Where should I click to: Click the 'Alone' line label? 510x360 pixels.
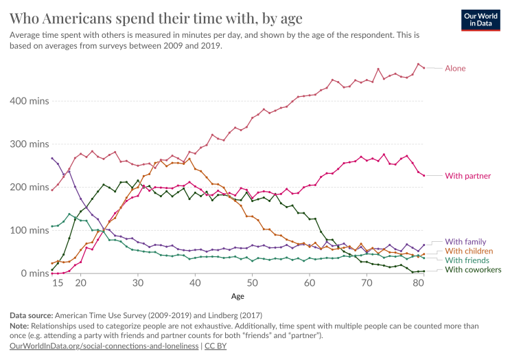click(455, 68)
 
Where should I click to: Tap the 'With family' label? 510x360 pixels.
click(465, 242)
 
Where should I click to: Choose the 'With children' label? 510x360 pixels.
click(469, 251)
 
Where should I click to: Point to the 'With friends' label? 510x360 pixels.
click(467, 260)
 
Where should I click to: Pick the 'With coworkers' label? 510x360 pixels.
click(473, 270)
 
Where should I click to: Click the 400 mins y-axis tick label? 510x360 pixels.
click(29, 101)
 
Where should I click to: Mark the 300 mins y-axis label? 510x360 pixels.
click(29, 144)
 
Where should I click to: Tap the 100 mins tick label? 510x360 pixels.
click(29, 230)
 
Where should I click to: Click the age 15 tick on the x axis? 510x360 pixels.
click(58, 283)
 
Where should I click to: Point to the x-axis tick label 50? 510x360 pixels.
click(253, 283)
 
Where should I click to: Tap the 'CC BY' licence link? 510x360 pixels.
click(216, 346)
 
